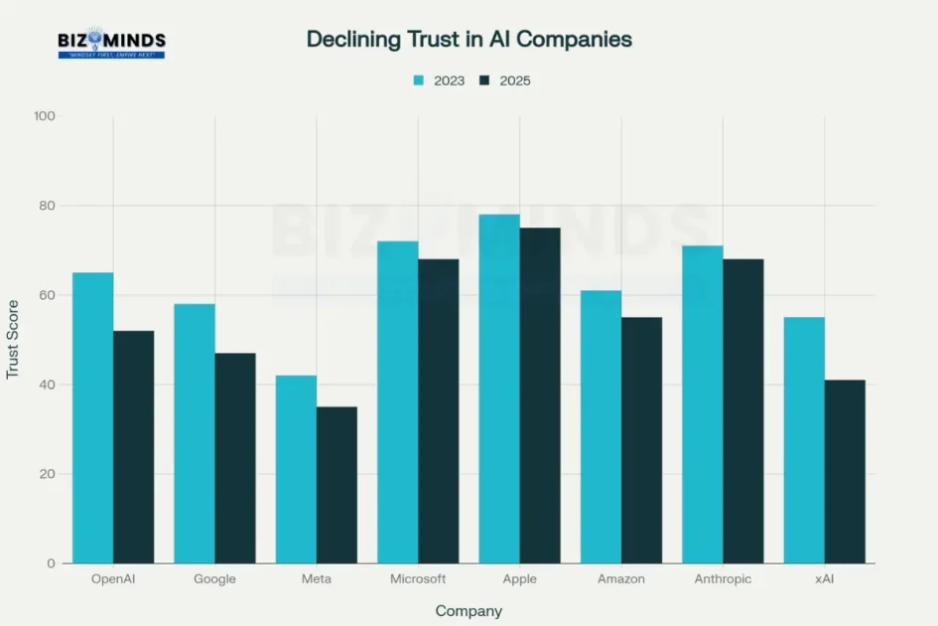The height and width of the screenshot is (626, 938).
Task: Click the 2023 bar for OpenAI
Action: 92,417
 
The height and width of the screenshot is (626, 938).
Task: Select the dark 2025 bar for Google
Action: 235,458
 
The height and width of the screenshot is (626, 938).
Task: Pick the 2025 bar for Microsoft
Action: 439,411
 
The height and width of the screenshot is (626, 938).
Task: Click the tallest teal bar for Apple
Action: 499,389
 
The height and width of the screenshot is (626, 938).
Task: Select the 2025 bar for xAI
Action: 845,471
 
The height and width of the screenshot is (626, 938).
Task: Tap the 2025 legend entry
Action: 505,80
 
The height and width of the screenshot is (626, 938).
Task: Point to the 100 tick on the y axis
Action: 45,116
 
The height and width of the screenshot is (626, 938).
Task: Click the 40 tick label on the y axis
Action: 48,385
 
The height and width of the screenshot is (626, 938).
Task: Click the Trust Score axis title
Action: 13,339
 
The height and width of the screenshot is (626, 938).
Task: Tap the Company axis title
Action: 469,611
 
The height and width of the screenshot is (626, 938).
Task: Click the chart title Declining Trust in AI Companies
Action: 469,39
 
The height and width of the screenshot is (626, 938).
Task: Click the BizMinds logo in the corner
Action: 111,43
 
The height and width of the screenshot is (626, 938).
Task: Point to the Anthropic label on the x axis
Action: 724,579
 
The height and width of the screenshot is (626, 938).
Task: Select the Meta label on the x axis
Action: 317,579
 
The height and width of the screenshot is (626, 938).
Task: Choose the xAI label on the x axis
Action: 825,579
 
